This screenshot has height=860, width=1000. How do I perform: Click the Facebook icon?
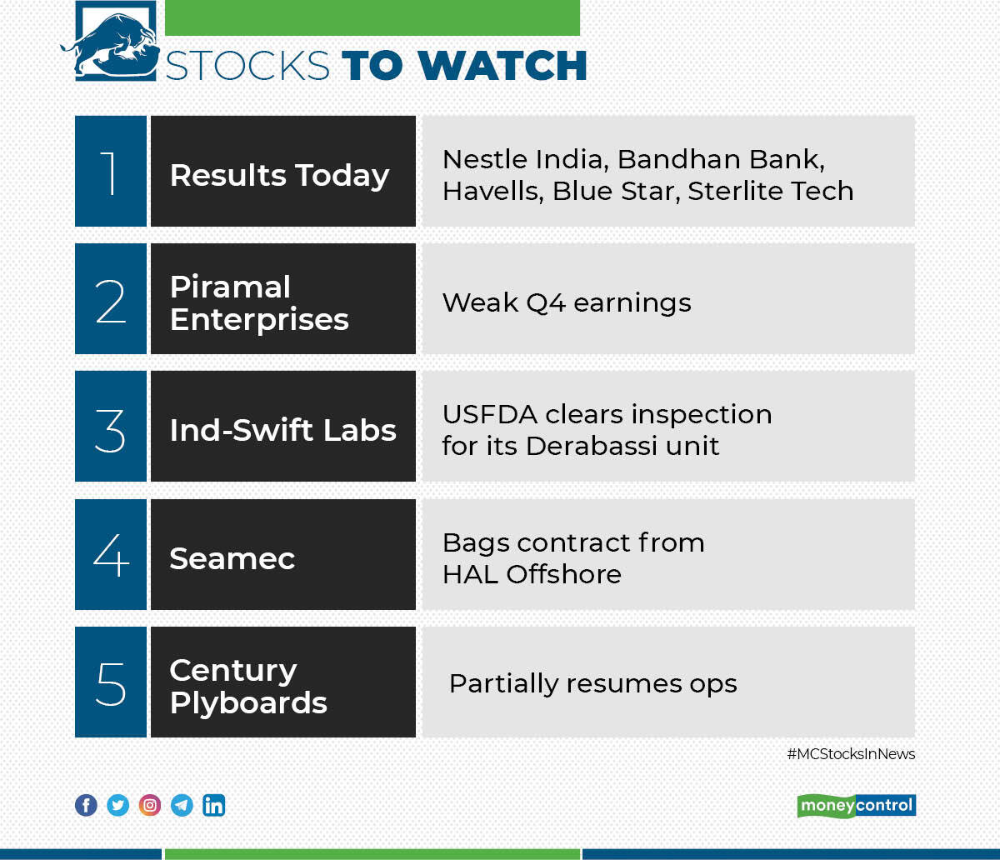pyautogui.click(x=86, y=805)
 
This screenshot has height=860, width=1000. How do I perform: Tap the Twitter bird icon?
pyautogui.click(x=118, y=805)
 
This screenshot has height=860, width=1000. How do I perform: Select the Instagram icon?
pyautogui.click(x=150, y=805)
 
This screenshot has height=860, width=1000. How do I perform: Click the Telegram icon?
pyautogui.click(x=182, y=805)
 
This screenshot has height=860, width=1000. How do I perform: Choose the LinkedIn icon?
pyautogui.click(x=214, y=805)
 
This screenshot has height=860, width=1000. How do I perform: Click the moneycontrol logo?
pyautogui.click(x=856, y=806)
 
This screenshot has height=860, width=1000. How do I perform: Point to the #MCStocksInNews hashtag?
pyautogui.click(x=851, y=754)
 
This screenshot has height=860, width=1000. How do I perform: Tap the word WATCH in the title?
pyautogui.click(x=503, y=66)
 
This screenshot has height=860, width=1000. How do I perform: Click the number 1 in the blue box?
pyautogui.click(x=110, y=172)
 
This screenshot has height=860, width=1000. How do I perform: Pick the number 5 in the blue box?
pyautogui.click(x=110, y=682)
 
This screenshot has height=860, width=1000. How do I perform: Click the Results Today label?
pyautogui.click(x=279, y=176)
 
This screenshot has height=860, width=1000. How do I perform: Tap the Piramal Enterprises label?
pyautogui.click(x=259, y=303)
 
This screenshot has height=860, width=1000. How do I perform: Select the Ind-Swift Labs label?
pyautogui.click(x=282, y=431)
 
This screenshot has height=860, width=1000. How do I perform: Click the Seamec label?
pyautogui.click(x=232, y=558)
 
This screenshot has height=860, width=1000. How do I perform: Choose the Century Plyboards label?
pyautogui.click(x=248, y=686)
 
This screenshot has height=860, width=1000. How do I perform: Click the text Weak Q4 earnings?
pyautogui.click(x=567, y=302)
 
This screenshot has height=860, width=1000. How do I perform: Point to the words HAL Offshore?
pyautogui.click(x=532, y=574)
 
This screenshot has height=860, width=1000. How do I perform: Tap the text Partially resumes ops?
pyautogui.click(x=592, y=683)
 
